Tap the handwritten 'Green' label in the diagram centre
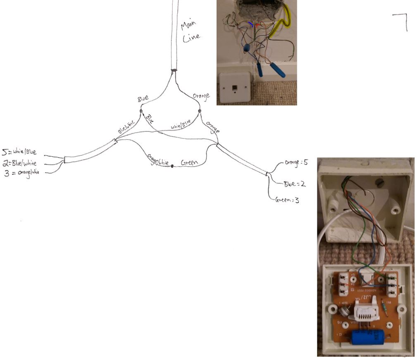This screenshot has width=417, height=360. (190, 163)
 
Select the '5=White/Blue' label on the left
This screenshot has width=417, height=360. (20, 152)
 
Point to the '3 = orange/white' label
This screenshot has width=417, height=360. (21, 173)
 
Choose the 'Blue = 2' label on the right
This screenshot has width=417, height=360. (294, 184)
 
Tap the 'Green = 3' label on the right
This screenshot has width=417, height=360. (287, 200)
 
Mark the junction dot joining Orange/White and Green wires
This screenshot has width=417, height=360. (172, 166)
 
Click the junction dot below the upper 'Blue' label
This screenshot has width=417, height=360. (141, 112)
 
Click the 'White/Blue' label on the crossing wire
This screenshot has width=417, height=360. (181, 125)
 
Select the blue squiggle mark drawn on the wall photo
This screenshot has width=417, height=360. (250, 24)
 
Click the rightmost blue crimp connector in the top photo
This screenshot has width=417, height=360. (277, 71)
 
